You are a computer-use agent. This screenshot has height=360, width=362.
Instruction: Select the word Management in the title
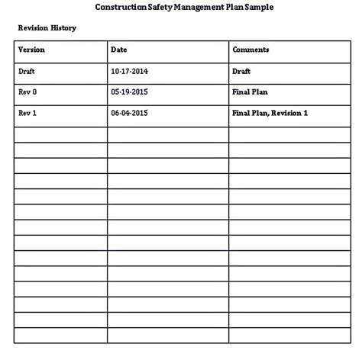193,7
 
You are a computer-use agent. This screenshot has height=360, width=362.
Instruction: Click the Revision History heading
47,27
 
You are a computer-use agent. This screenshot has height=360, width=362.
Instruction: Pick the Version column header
32,50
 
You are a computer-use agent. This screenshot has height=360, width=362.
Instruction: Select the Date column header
118,50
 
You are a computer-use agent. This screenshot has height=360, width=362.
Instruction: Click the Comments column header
250,50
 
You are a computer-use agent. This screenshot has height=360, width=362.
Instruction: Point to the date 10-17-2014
130,71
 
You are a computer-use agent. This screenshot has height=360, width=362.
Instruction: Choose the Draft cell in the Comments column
242,71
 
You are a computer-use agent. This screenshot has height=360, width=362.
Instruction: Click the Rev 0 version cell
27,92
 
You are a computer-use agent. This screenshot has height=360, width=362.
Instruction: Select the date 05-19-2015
130,92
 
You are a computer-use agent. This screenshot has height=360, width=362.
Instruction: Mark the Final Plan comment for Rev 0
250,92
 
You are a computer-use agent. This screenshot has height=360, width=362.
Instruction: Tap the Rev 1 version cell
27,113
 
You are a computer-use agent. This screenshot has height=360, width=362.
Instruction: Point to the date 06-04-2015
130,113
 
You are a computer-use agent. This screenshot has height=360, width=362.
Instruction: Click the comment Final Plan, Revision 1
270,113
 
